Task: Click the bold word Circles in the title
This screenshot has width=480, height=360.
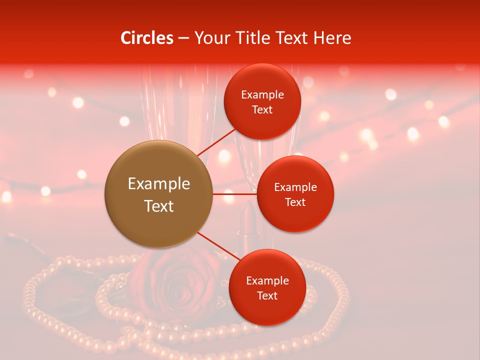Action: click(x=146, y=38)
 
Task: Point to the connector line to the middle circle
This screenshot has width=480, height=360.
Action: click(x=234, y=194)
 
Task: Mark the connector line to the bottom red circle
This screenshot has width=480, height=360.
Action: click(x=218, y=246)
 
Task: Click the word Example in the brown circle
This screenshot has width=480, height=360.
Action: click(x=158, y=184)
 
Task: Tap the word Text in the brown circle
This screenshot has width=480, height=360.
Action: click(x=158, y=206)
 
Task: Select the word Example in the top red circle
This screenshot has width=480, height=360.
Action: click(x=262, y=95)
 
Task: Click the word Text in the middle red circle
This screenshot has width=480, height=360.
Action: click(x=295, y=202)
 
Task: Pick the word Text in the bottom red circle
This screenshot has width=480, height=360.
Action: click(x=267, y=295)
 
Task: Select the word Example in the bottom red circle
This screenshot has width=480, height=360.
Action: click(x=267, y=281)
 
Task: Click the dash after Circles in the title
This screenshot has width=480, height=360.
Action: click(x=183, y=38)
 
